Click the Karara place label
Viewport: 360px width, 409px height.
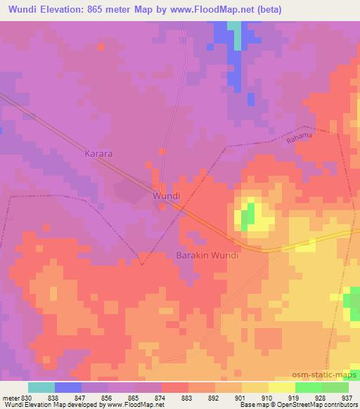pos(98,152)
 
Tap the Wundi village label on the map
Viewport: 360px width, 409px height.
pos(167,197)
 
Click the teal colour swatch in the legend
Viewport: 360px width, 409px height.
pos(41,387)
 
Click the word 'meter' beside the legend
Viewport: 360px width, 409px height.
pos(11,396)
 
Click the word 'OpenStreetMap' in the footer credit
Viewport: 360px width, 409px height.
pos(292,405)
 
